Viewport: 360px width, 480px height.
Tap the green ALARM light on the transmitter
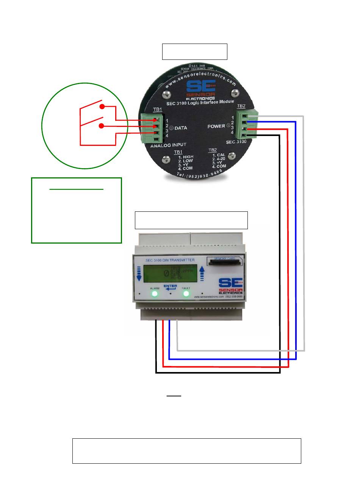click(x=155, y=294)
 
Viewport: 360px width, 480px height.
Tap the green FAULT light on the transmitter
click(x=186, y=294)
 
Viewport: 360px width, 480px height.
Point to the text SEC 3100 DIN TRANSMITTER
click(x=170, y=260)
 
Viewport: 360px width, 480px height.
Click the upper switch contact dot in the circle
click(x=102, y=107)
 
